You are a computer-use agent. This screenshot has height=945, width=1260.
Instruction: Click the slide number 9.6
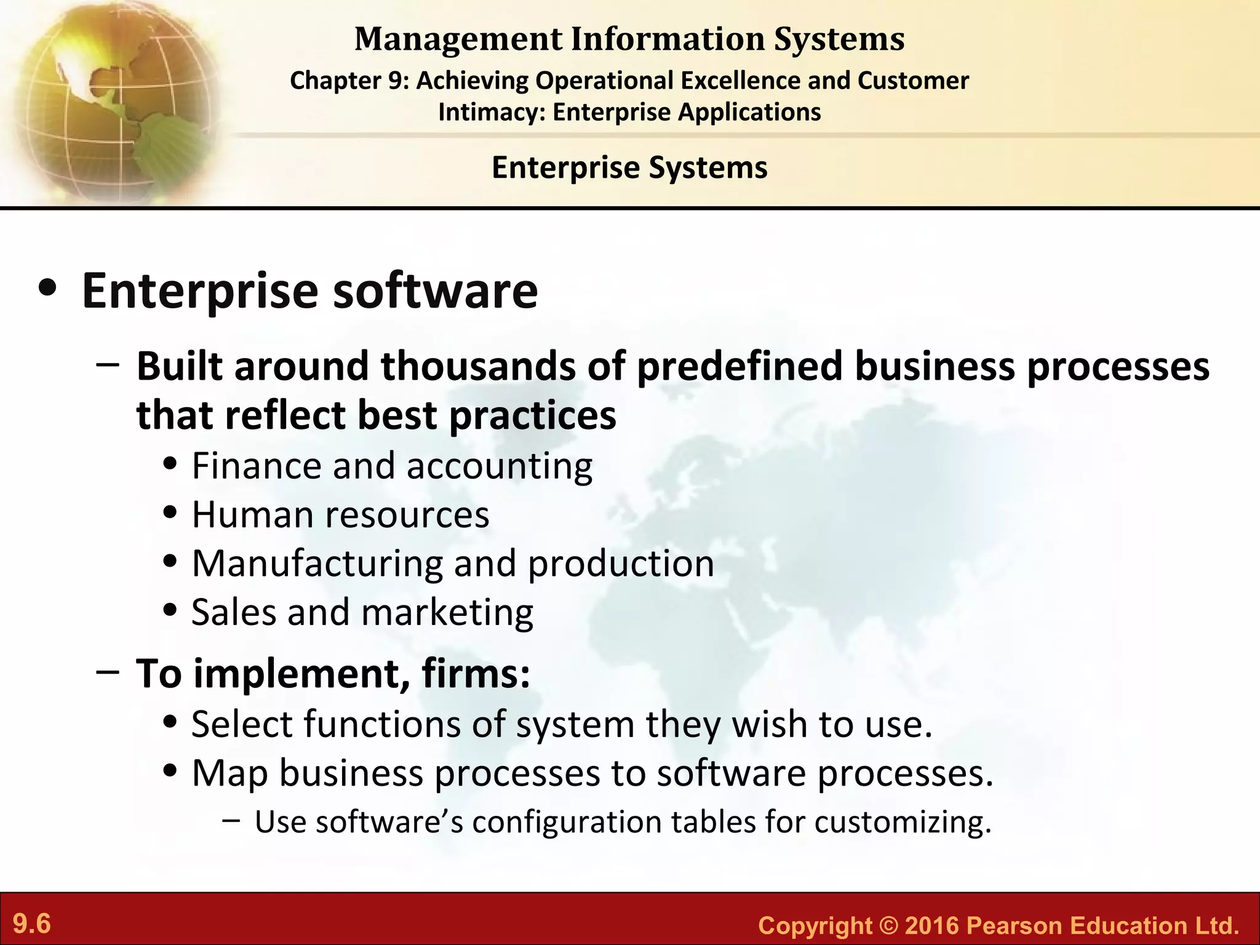pos(32,924)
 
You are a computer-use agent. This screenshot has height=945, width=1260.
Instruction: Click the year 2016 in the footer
pos(932,925)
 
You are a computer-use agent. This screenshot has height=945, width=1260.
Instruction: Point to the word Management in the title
pos(458,39)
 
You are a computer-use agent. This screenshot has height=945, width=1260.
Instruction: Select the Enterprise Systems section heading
pos(629,167)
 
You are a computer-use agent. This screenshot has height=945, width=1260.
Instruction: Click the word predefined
pos(739,366)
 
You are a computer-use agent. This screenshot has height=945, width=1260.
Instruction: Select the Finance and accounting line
pos(392,466)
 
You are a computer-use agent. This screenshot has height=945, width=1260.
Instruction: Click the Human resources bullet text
pos(340,514)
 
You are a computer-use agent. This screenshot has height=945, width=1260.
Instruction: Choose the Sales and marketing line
pos(362,612)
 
